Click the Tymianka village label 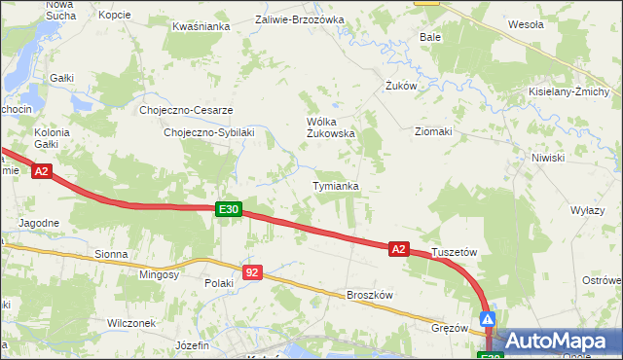[x=336, y=185]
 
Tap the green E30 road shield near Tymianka [x=228, y=209]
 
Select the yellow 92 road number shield [x=252, y=272]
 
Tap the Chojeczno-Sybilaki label [x=209, y=132]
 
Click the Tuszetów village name [x=454, y=251]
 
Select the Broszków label [x=369, y=295]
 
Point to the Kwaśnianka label [x=201, y=27]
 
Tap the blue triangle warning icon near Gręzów [x=488, y=318]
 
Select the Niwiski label [x=548, y=157]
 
